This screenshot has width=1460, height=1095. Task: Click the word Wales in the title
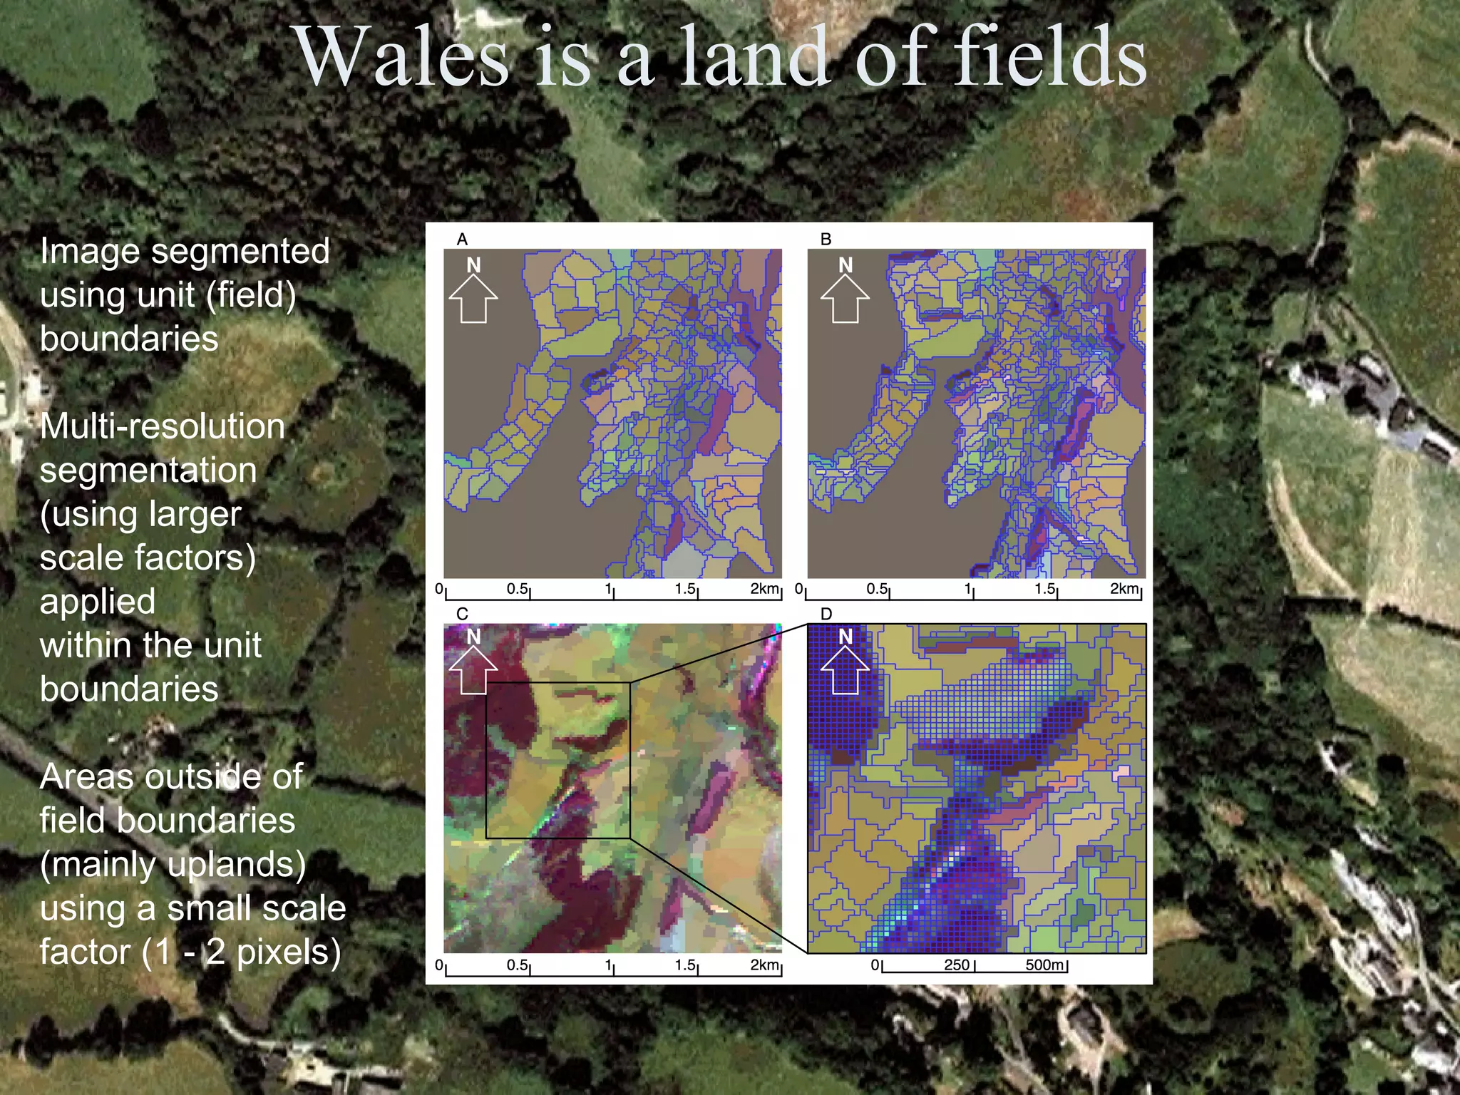[x=402, y=57]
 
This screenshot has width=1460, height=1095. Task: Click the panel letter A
[x=462, y=240]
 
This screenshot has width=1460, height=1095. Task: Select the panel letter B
[x=826, y=240]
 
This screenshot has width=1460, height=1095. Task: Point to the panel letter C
[x=462, y=614]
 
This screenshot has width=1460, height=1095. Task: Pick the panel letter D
[x=826, y=614]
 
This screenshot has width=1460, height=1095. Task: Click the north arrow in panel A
[x=473, y=292]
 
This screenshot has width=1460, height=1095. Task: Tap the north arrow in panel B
[x=845, y=292]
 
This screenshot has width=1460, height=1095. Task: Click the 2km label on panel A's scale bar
[x=764, y=589]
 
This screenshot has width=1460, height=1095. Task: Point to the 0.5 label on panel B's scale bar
[x=877, y=589]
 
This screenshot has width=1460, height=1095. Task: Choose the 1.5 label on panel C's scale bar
[x=685, y=965]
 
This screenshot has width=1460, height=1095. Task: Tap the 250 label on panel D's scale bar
[x=957, y=965]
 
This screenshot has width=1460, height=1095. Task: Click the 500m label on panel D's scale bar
[x=1045, y=965]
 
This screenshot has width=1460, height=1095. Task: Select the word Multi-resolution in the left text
[x=163, y=426]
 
